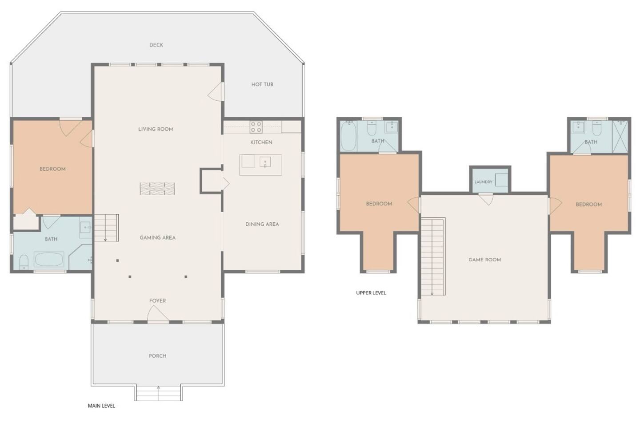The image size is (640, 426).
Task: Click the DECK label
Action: click(156, 45)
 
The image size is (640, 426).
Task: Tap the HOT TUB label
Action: click(262, 84)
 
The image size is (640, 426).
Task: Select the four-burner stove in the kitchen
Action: click(256, 127)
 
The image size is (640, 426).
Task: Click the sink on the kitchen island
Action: click(265, 162)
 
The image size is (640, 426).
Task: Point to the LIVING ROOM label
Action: click(156, 129)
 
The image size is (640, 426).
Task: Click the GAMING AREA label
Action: click(157, 238)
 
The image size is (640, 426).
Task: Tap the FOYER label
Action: click(157, 301)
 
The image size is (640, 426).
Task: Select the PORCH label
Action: click(157, 356)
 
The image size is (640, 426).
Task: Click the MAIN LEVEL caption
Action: click(101, 406)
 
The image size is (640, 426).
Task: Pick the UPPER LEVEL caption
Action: click(371, 293)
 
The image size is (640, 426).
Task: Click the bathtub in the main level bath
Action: click(49, 259)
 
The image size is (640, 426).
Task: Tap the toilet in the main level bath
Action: click(24, 262)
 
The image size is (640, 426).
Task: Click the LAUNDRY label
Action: click(484, 182)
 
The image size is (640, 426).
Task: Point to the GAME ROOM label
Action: click(485, 260)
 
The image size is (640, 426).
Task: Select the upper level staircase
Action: click(433, 256)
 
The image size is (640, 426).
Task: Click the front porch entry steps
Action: click(159, 393)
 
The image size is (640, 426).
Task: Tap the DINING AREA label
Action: click(262, 224)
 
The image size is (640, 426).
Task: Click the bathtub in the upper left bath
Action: click(348, 136)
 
